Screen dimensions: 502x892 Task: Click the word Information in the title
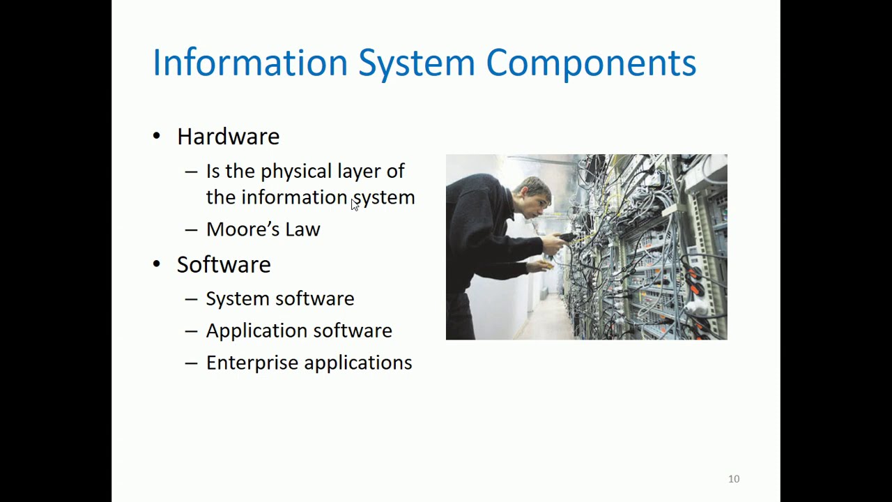[x=249, y=63]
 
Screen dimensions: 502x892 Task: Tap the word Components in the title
[x=590, y=63]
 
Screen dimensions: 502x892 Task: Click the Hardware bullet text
[x=228, y=137]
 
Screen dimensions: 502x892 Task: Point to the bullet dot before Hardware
[x=156, y=135]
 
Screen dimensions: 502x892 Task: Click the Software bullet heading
[x=224, y=265]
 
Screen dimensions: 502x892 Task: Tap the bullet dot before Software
[x=156, y=264]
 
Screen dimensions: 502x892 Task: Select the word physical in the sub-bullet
[x=296, y=172]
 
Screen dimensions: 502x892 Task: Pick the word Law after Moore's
[x=302, y=229]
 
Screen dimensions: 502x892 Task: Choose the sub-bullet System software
[x=279, y=299]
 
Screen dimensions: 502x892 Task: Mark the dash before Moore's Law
[x=191, y=230]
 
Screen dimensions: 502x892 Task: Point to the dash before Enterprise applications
[x=191, y=363]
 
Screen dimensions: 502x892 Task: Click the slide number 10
[x=734, y=479]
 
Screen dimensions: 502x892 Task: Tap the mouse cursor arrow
[x=355, y=204]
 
